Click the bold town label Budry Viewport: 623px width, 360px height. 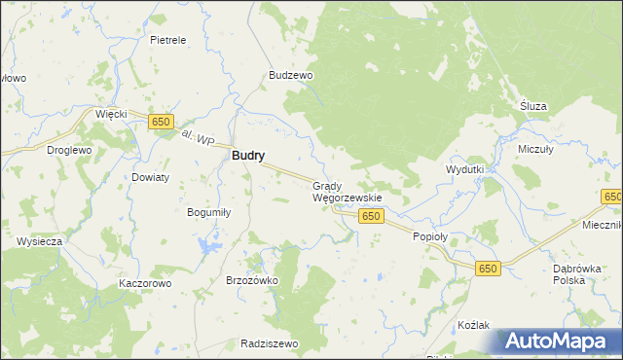[x=248, y=155]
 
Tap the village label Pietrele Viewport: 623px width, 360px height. [x=167, y=41]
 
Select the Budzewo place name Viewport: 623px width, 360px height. [x=290, y=75]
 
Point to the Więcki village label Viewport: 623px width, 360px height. [x=111, y=114]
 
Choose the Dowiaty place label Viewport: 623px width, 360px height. [x=151, y=177]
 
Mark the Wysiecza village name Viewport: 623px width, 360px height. [x=40, y=240]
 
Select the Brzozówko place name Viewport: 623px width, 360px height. [x=252, y=280]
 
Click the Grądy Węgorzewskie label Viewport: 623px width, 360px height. [x=346, y=191]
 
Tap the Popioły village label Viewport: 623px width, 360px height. [x=430, y=236]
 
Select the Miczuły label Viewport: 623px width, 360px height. [x=535, y=150]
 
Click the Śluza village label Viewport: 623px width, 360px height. [x=533, y=106]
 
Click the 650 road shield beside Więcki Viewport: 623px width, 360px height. [x=161, y=122]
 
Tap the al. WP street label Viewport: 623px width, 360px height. [x=199, y=140]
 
